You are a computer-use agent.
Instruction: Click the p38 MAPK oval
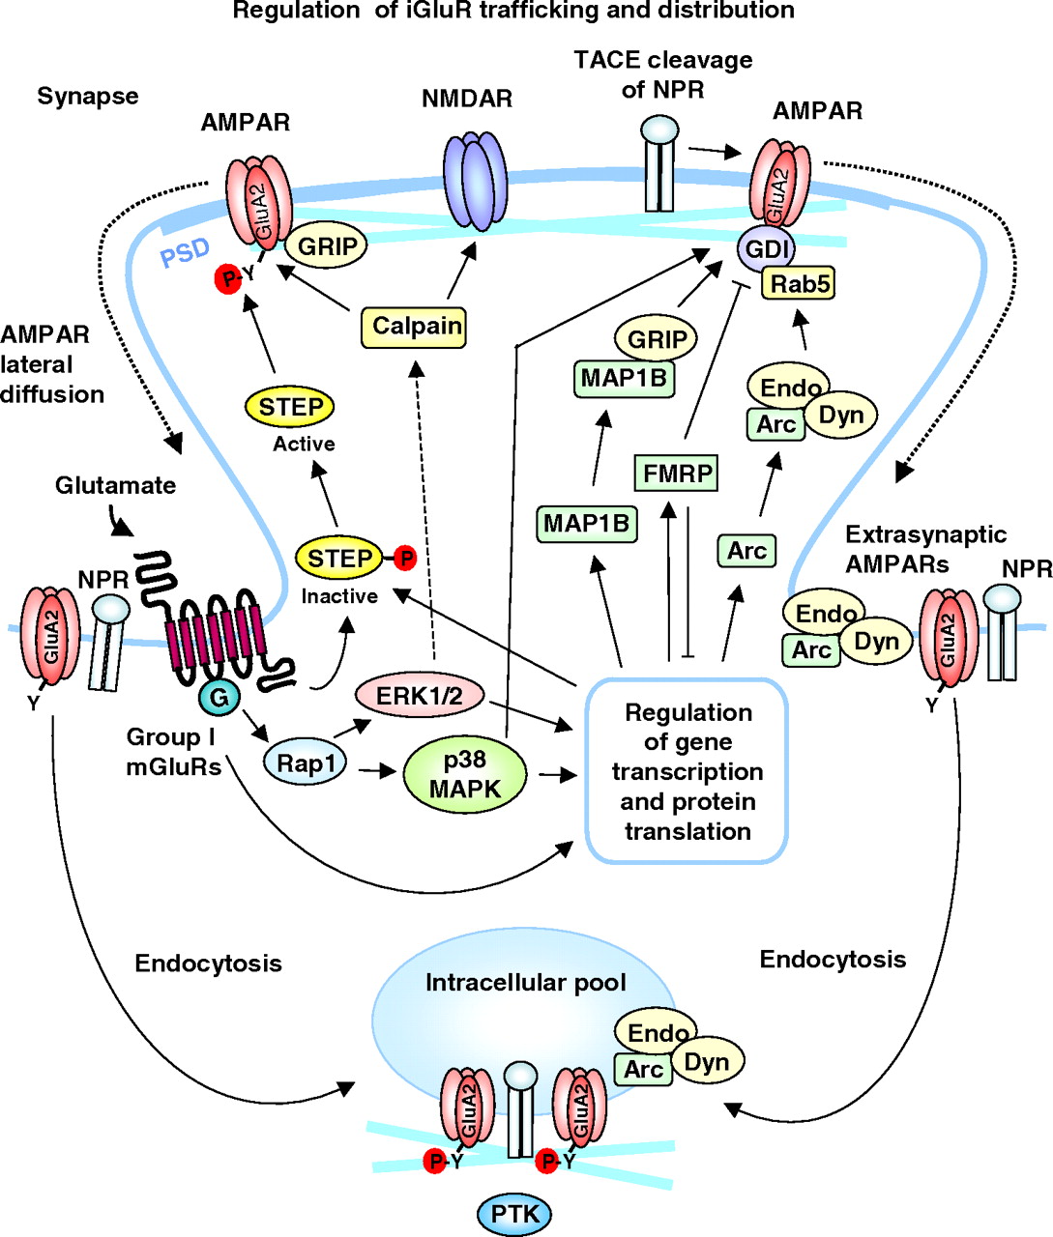coord(465,774)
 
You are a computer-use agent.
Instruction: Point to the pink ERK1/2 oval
coord(420,697)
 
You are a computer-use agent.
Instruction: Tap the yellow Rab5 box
coord(798,283)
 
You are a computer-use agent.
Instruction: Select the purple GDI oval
coord(766,249)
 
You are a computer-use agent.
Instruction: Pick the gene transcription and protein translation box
coord(687,771)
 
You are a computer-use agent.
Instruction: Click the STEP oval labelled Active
coord(290,407)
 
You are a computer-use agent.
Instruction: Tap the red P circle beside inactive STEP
coord(406,558)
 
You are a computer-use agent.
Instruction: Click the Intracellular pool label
coord(526,983)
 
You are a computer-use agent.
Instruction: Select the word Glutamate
coord(115,485)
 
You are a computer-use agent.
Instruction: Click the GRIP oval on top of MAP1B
coord(657,339)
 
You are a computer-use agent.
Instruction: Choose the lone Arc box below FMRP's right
coord(746,551)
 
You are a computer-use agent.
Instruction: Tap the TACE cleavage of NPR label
coord(662,74)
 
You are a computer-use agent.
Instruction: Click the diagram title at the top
coord(513,12)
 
